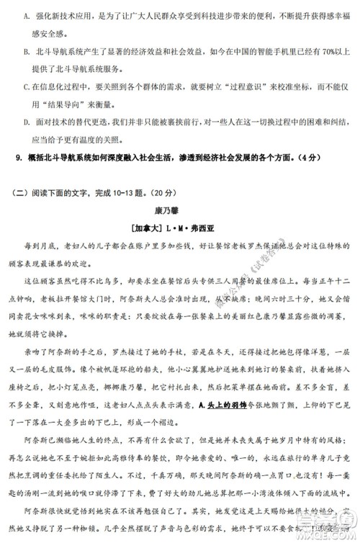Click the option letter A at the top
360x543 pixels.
pyautogui.click(x=27, y=14)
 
